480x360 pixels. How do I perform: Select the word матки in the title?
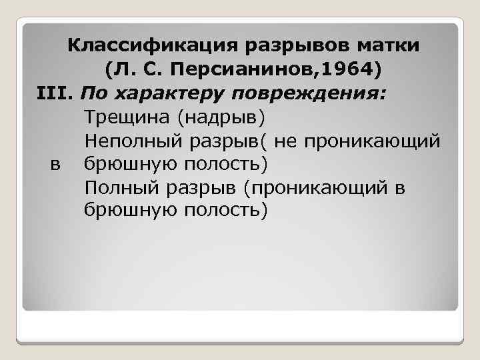click(x=387, y=47)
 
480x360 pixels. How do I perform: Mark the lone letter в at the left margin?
click(x=55, y=164)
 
